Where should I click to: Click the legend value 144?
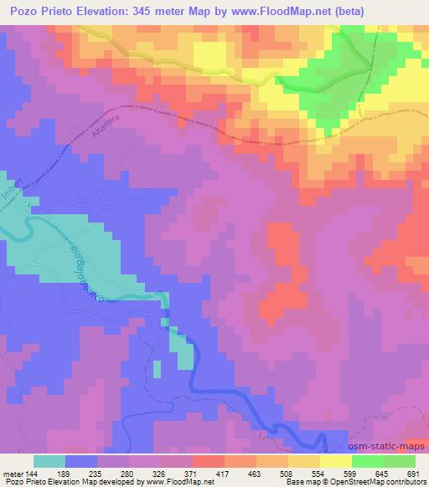click(33, 474)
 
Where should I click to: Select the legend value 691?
click(411, 474)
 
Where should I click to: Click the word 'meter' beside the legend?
click(12, 474)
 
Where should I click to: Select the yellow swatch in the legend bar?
click(335, 461)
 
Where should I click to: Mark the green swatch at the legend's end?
click(399, 461)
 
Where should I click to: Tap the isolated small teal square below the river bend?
click(157, 368)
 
